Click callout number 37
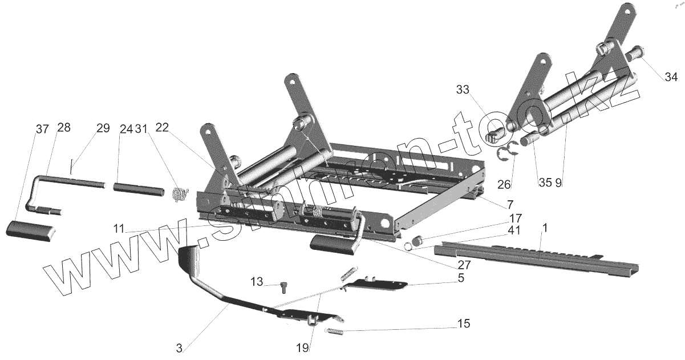[42, 130]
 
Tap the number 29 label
[103, 128]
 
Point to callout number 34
[670, 77]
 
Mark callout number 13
[257, 282]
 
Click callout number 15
[464, 324]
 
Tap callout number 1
[545, 228]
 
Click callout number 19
[302, 347]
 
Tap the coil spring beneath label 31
[180, 194]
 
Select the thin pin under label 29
[72, 167]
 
